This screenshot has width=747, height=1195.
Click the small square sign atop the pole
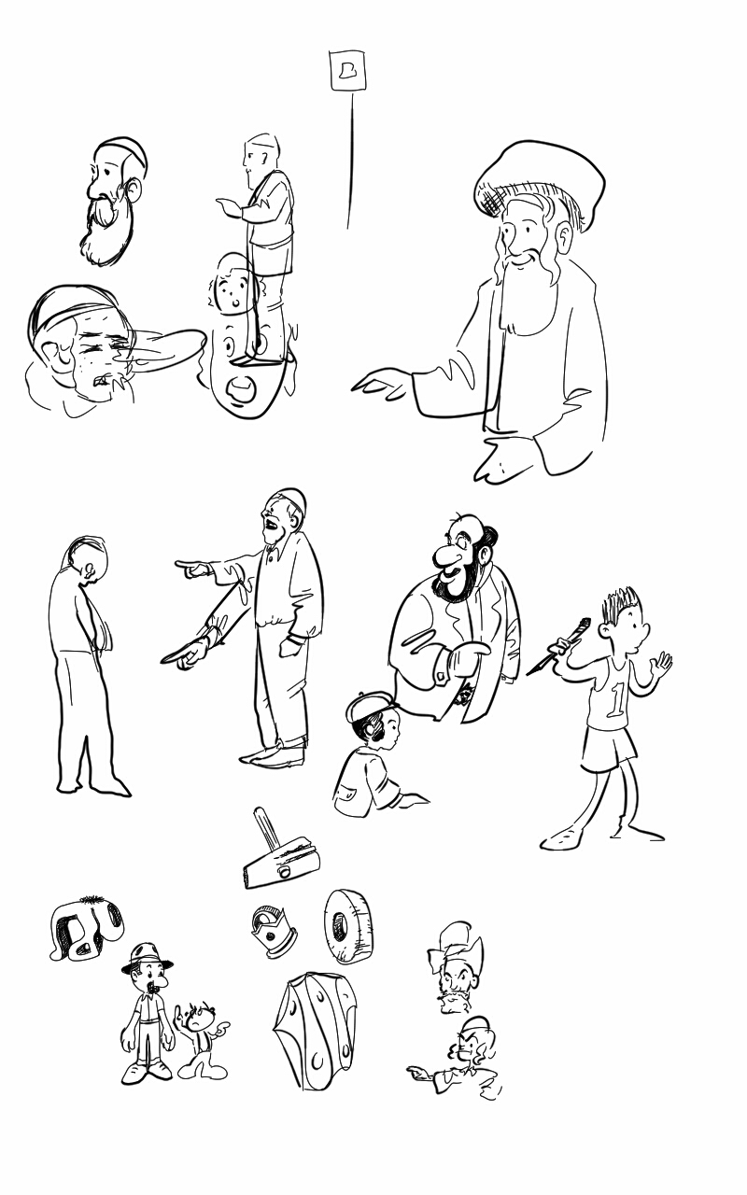point(347,71)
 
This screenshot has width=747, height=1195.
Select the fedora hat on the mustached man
point(146,958)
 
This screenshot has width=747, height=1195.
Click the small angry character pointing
point(200,1036)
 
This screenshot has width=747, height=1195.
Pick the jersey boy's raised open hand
point(662,664)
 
